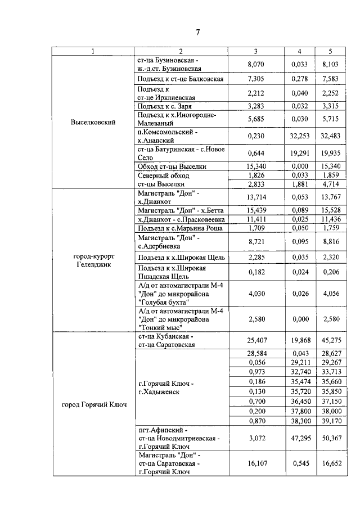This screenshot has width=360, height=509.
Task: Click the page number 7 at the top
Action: pos(197,32)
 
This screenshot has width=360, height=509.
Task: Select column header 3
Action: pos(255,52)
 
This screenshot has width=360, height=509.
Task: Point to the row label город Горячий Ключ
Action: pos(93,404)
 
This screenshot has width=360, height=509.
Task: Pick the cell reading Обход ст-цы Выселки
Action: pos(172,166)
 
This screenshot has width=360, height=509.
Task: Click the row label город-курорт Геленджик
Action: pos(93,260)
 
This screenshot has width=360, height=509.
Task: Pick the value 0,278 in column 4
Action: pos(296,79)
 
